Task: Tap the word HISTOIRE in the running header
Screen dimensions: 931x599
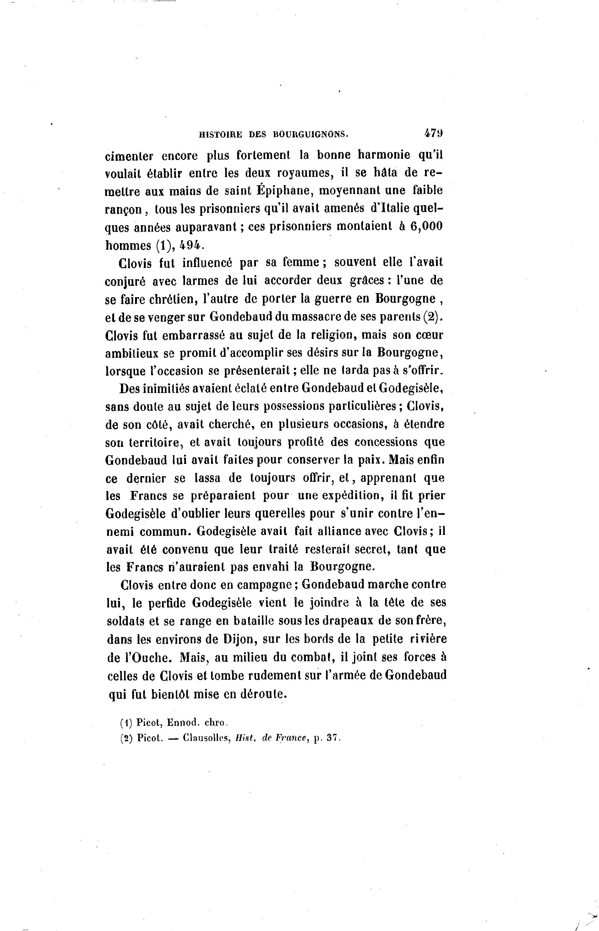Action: (x=220, y=134)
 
